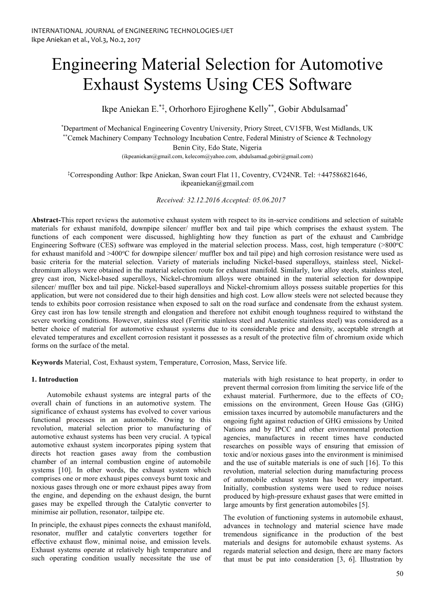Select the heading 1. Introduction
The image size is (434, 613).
pos(54,379)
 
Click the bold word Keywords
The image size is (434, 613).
pos(47,362)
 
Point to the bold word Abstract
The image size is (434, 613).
pos(46,220)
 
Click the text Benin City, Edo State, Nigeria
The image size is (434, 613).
pos(217,148)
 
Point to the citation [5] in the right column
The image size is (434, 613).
pos(363,505)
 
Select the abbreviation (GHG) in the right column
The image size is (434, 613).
pos(391,404)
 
